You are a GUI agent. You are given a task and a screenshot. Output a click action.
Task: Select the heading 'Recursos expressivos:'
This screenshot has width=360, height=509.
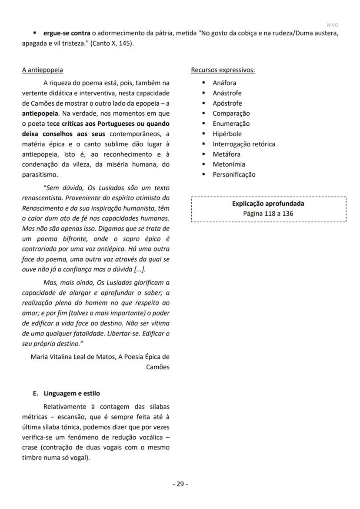click(x=223, y=70)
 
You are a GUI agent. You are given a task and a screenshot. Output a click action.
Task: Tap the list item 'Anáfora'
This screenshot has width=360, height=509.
click(x=224, y=83)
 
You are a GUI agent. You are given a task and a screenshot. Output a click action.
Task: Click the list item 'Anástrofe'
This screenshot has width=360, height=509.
click(x=227, y=93)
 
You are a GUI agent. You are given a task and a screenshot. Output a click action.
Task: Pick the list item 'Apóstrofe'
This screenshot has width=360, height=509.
click(x=227, y=103)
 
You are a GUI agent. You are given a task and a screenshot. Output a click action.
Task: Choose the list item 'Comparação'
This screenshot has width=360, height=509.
click(x=231, y=113)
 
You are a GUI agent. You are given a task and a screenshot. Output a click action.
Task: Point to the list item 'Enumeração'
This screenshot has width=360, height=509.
click(x=231, y=124)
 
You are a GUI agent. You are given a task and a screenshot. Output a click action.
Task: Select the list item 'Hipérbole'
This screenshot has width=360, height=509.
click(x=227, y=134)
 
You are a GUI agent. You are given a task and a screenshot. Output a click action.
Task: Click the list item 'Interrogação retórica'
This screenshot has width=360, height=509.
click(x=243, y=144)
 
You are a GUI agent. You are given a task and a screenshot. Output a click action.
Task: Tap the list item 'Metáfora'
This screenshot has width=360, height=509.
click(x=226, y=154)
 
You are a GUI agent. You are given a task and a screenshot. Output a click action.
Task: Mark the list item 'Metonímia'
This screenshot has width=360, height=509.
click(x=229, y=164)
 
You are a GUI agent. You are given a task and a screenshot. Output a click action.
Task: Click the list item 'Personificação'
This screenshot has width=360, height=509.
click(x=234, y=174)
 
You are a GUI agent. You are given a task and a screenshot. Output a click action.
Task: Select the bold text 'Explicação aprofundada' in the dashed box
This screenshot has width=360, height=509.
click(x=268, y=204)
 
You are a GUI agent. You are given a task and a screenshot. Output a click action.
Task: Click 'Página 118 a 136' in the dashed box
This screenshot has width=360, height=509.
click(x=268, y=214)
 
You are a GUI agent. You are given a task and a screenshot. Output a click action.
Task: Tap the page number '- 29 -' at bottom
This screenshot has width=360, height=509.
click(x=180, y=484)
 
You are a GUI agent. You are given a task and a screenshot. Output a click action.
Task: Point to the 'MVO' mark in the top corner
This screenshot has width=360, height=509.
click(x=332, y=25)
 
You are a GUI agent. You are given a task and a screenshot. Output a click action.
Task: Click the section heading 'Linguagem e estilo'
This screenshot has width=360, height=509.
click(x=72, y=393)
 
